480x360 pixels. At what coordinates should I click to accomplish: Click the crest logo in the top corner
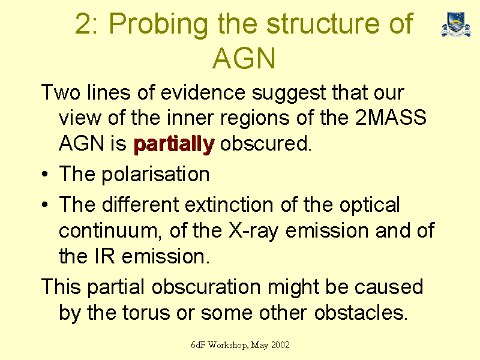point(456,24)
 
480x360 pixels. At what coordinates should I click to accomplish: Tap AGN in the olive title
point(244,58)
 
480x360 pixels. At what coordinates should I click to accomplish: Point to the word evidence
point(203,92)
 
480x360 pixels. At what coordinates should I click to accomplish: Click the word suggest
point(289,93)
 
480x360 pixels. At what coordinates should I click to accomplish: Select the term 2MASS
point(391,117)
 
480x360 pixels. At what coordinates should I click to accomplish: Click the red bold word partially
point(174,143)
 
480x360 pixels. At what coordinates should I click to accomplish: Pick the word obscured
point(266,143)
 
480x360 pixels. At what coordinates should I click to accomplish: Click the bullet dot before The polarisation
point(45,175)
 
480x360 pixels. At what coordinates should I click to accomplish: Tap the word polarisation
point(155,175)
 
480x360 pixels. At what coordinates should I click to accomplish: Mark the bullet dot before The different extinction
point(45,205)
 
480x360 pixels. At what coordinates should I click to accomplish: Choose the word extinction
point(229,204)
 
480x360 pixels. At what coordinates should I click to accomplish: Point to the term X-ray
point(253,231)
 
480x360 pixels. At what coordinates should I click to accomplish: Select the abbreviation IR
point(104,256)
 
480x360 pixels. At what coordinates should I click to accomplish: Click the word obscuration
point(206,287)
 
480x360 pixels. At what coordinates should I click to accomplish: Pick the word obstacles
point(361,313)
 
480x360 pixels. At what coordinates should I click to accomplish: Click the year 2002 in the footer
point(280,345)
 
